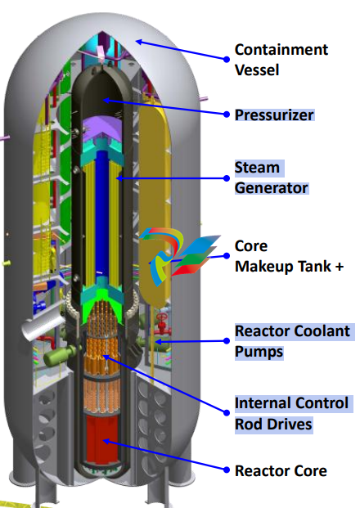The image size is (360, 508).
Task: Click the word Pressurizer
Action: tap(274, 115)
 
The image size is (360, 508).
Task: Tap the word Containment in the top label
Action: tap(281, 50)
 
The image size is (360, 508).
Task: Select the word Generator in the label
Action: tap(271, 188)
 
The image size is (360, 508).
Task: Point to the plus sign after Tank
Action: tap(340, 267)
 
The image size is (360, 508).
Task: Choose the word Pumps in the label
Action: tap(259, 353)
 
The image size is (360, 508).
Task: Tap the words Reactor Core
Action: tap(281, 471)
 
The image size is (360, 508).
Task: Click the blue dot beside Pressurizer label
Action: tap(227, 115)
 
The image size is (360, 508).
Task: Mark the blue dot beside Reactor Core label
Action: tap(227, 470)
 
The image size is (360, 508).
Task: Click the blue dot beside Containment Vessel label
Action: tap(227, 59)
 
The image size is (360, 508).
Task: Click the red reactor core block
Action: tap(102, 439)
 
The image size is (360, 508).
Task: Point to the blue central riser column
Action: tap(101, 214)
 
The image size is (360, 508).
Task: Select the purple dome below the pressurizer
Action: tap(101, 129)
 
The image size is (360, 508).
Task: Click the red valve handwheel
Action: tap(162, 317)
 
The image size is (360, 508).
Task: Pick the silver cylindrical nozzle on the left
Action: tap(43, 326)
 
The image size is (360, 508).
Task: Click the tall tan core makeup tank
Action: tap(155, 201)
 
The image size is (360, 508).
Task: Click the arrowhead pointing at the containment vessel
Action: tap(139, 42)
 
